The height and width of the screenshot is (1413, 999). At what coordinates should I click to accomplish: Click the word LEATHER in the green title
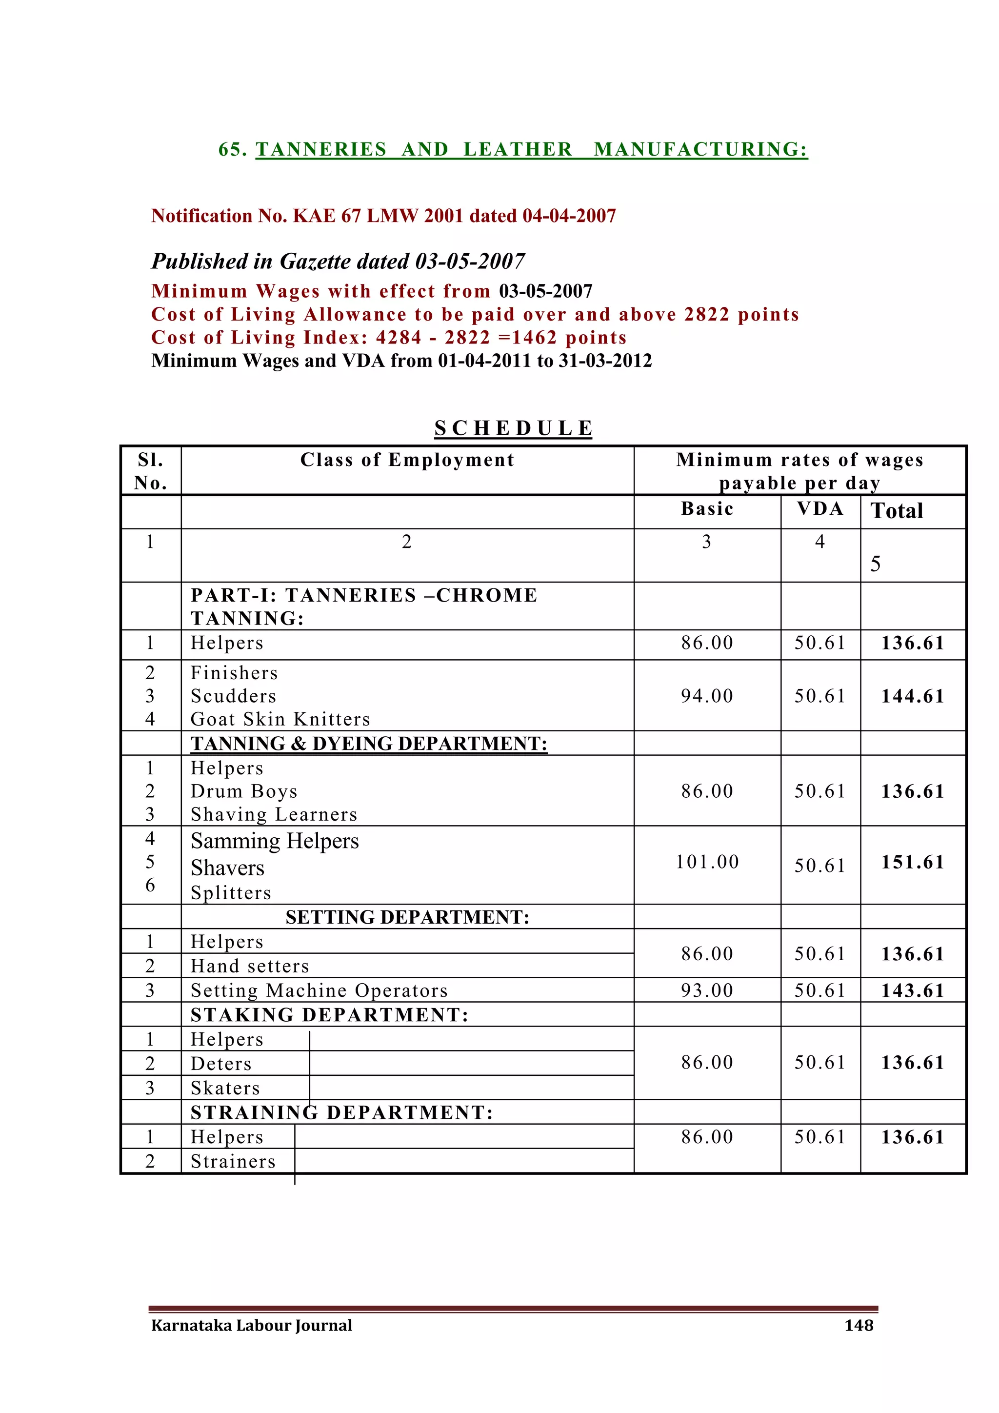(518, 150)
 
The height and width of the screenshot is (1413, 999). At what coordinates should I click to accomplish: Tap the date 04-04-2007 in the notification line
(569, 216)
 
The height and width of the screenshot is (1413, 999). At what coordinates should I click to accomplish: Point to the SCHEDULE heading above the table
(513, 428)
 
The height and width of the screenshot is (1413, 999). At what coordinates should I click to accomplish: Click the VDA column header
(820, 509)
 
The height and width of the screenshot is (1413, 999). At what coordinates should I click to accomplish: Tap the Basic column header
(707, 509)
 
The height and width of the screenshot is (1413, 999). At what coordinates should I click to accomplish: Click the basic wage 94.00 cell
(707, 696)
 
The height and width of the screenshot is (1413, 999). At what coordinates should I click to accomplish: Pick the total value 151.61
(912, 862)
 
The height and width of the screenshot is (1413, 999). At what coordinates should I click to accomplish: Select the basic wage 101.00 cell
(707, 862)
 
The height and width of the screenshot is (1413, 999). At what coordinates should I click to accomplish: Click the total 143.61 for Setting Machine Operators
(912, 991)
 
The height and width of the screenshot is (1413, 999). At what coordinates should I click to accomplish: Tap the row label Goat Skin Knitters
(280, 719)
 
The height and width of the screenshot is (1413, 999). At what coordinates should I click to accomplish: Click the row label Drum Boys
(244, 791)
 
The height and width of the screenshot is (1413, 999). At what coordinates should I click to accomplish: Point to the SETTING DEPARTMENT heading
(407, 918)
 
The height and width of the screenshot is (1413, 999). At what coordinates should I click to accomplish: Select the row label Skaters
(225, 1088)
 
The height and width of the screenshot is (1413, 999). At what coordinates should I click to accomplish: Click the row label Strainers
(233, 1161)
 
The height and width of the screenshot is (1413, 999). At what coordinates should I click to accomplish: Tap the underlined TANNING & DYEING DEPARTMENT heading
(368, 744)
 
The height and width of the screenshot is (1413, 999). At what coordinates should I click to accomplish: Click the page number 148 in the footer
(859, 1325)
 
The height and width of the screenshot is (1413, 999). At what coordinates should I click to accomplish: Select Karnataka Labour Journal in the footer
(252, 1325)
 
